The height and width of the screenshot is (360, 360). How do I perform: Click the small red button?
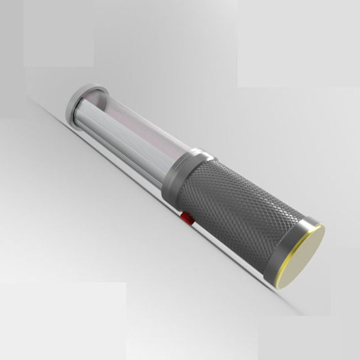[187, 219]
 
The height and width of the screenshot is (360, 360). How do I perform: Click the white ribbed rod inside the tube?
[112, 130]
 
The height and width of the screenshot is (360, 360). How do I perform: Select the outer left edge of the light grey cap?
[67, 108]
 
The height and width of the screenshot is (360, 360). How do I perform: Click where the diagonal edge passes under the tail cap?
[270, 288]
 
